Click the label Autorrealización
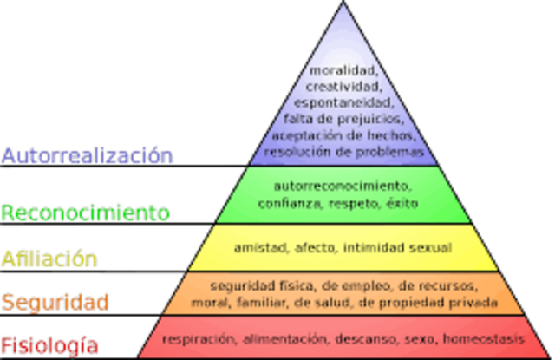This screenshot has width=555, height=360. (87, 155)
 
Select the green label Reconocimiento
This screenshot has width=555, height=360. (84, 212)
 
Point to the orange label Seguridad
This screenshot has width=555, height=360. (55, 302)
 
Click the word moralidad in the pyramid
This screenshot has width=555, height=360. (343, 69)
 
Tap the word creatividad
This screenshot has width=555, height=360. (343, 86)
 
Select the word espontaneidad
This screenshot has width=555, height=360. (343, 102)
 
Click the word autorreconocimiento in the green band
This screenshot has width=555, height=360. (343, 186)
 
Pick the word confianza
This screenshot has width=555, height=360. (285, 203)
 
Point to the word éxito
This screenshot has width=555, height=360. (402, 203)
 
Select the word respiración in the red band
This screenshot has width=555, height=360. (199, 338)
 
